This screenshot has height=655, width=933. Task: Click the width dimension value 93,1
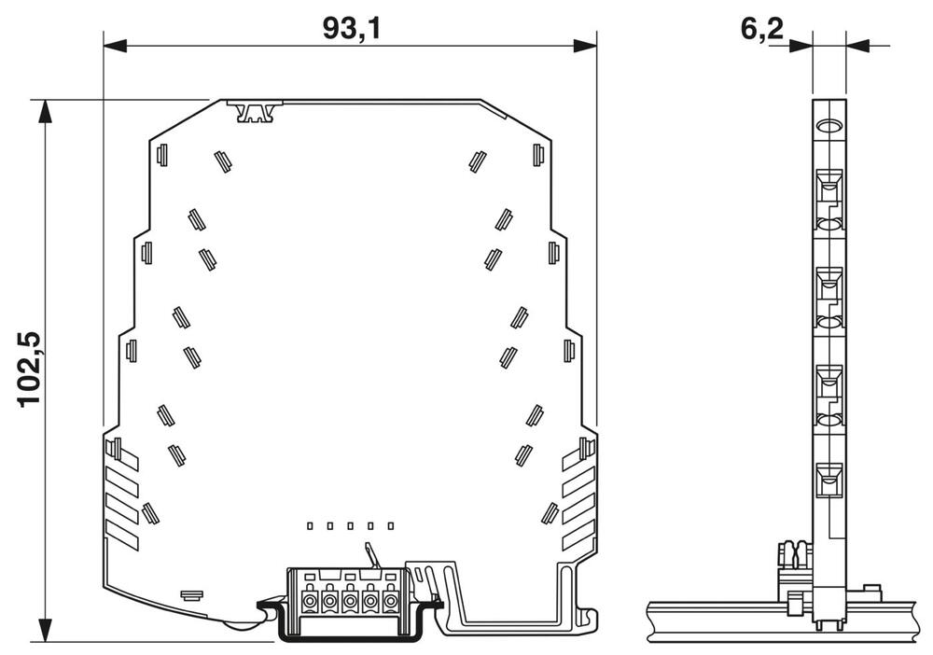click(x=352, y=28)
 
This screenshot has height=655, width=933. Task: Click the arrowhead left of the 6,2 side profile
click(x=801, y=44)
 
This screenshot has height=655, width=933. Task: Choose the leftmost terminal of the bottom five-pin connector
click(x=309, y=602)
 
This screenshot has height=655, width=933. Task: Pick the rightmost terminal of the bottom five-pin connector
click(x=390, y=602)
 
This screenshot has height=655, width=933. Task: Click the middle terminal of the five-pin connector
click(x=350, y=602)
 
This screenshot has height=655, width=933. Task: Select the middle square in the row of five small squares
click(x=350, y=527)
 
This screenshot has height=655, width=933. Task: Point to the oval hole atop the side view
click(x=829, y=128)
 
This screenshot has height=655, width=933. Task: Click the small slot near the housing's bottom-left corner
click(x=191, y=593)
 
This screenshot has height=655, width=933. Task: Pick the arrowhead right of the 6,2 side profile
click(x=856, y=44)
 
